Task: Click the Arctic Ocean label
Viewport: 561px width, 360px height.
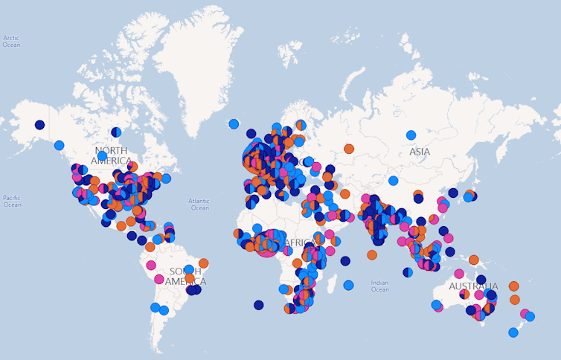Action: pos(11,41)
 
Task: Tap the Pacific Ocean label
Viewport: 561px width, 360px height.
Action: pos(11,201)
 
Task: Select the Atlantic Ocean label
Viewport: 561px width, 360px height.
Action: pos(199,204)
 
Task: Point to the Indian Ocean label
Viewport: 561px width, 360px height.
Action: pos(380,286)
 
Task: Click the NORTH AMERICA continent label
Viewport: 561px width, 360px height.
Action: pos(112,155)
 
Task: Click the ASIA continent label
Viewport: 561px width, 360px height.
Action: pos(420,152)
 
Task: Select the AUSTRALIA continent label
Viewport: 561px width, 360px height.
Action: pos(473,286)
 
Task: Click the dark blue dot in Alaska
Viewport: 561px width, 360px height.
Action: pos(39,125)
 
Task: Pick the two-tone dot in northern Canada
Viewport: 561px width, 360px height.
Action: pos(116,132)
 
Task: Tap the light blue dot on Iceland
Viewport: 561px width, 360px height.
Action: pos(234,123)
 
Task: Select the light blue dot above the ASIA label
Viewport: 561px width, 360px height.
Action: pos(411,135)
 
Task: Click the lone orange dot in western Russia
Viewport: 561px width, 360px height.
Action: pos(349,149)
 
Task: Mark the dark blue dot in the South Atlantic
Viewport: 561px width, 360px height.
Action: pos(258,305)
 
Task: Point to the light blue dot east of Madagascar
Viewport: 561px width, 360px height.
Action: pos(348,285)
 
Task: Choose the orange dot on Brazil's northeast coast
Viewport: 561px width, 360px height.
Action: pos(203,263)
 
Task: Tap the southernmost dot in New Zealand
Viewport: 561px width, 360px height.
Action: pos(513,332)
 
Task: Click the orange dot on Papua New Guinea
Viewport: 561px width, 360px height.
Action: pos(473,260)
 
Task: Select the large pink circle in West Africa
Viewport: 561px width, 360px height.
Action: pos(266,243)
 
